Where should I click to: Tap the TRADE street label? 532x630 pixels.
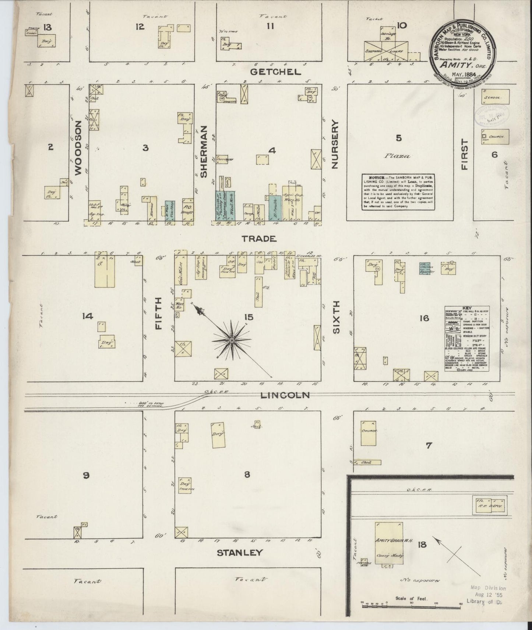[x=259, y=239]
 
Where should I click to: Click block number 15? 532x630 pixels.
[x=249, y=316]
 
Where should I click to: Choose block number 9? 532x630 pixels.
[x=86, y=475]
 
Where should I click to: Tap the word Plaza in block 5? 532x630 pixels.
[x=397, y=156]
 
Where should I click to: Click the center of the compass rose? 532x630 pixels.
[x=232, y=341]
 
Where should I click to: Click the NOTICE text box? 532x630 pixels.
[x=398, y=192]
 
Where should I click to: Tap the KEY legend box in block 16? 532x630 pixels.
[x=466, y=338]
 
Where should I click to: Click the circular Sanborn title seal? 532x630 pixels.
[x=463, y=54]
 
